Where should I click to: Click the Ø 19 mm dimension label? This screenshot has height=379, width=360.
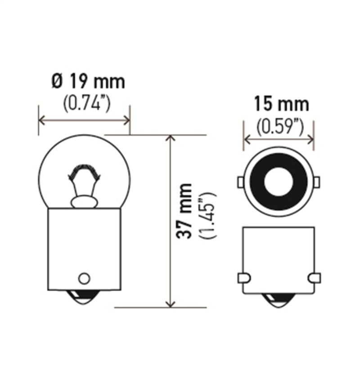click(88, 82)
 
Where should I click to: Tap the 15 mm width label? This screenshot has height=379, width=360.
click(281, 104)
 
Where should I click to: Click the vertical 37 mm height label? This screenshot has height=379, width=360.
click(184, 211)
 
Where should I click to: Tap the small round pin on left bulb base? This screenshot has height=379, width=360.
click(84, 278)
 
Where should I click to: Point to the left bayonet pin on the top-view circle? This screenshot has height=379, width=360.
click(240, 182)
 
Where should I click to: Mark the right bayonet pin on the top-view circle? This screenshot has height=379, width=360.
click(316, 182)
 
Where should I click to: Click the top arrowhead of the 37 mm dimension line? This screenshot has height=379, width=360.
click(170, 138)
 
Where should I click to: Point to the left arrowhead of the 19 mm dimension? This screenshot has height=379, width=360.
click(42, 120)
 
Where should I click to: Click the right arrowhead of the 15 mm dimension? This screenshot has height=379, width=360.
click(311, 139)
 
